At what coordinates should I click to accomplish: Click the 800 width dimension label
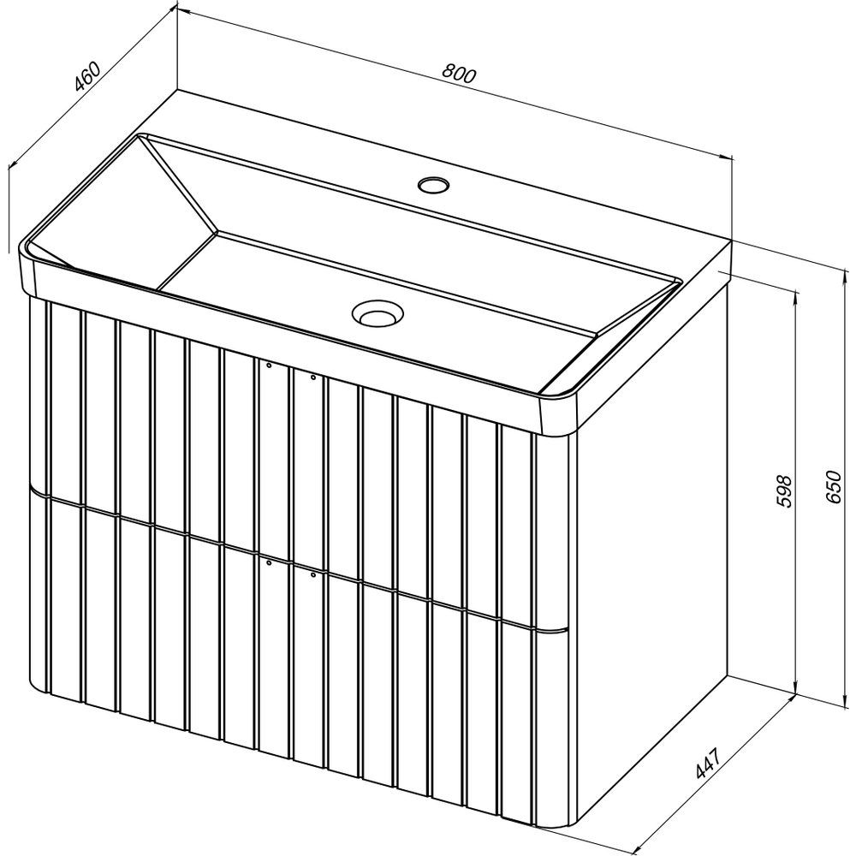459,74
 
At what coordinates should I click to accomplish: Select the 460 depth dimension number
87,76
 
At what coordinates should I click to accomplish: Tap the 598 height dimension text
783,490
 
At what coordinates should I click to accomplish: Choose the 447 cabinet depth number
709,763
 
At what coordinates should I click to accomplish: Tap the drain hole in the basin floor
377,314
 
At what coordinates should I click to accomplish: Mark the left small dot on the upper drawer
269,366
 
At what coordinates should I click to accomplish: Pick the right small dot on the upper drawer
312,377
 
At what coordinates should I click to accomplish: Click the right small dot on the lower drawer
312,574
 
